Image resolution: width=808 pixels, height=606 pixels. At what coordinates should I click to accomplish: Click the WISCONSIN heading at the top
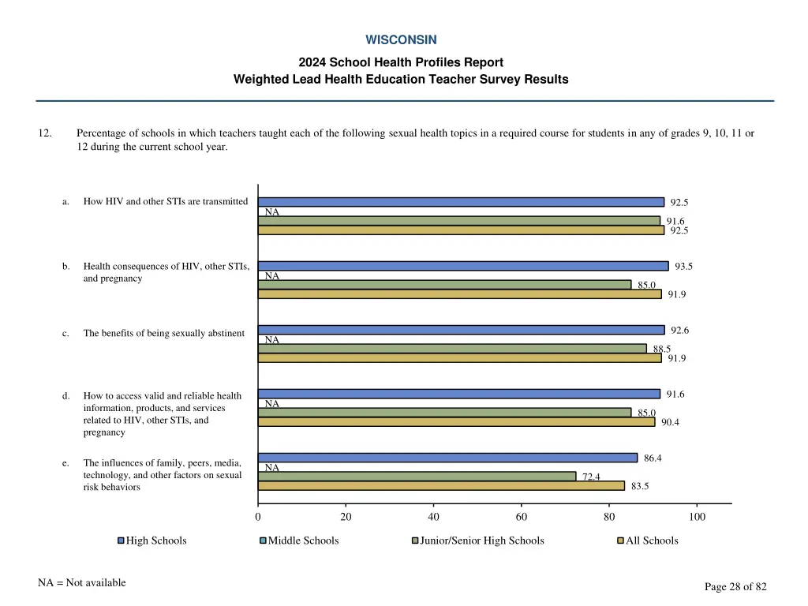coord(401,39)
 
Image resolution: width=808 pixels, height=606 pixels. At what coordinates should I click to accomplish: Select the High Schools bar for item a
coord(461,202)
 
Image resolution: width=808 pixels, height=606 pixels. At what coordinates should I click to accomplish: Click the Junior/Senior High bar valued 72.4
coord(417,476)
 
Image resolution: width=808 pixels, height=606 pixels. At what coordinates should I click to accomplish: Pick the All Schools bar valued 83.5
coord(441,486)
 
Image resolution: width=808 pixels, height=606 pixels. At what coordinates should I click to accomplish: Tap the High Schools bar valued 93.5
coord(463,266)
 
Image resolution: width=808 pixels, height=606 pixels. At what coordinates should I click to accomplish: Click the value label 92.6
coord(680,330)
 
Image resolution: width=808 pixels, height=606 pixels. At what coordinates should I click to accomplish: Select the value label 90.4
coord(671,422)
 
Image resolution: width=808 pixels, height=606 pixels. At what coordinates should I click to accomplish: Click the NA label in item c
coord(272,340)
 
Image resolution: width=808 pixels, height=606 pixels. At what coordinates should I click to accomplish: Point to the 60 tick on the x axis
coord(521,517)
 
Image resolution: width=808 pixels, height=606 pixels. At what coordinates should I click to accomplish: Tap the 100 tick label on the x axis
coord(697,517)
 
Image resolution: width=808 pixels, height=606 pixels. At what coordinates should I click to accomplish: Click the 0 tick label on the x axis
coord(258,517)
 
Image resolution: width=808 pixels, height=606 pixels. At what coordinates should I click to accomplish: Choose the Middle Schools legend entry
coord(303,541)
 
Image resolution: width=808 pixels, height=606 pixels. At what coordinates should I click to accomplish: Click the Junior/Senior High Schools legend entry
coord(481,541)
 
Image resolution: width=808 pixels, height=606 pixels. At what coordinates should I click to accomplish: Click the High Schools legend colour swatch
coord(121,541)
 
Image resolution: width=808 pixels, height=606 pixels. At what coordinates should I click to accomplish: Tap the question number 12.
coord(45,133)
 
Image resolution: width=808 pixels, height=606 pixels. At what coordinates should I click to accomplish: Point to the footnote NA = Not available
coord(81,582)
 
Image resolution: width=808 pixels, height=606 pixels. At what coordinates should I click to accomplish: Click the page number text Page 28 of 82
coord(735,586)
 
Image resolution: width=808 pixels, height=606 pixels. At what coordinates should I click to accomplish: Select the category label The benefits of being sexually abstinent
coord(164,333)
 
